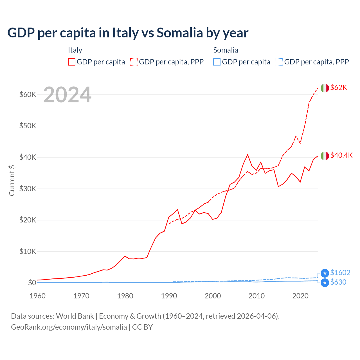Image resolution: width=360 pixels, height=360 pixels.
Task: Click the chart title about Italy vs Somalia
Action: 128,33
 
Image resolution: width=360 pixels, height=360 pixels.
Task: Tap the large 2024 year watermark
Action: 67,95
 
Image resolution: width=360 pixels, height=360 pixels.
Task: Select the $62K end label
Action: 339,87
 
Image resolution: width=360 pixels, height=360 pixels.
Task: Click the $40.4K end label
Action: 341,155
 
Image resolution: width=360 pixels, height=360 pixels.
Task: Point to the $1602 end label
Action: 340,273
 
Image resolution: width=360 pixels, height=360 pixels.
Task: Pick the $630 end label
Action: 338,282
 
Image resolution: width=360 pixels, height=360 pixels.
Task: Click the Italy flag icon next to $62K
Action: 325,88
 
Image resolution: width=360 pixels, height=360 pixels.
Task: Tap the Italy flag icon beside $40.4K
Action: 325,156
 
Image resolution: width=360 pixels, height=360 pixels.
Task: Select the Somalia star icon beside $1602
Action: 325,273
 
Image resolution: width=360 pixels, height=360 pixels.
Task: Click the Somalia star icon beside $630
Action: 325,283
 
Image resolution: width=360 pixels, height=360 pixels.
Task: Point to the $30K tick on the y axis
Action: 28,189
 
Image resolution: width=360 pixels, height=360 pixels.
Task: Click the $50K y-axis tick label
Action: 28,126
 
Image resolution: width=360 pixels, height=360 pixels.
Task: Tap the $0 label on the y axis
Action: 32,283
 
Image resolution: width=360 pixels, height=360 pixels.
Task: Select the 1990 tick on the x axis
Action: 169,296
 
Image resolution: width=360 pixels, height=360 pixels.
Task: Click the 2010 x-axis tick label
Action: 256,296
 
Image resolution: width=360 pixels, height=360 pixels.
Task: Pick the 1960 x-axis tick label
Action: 37,296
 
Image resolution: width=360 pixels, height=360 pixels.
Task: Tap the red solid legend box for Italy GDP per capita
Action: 72,62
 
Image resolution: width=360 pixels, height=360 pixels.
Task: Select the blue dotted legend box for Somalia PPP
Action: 279,62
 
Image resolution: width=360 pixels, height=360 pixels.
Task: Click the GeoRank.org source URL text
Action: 69,327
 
